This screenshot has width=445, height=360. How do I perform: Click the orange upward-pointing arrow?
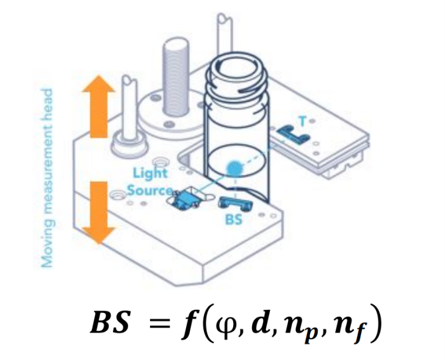[98, 109]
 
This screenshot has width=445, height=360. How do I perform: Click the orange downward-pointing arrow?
[98, 210]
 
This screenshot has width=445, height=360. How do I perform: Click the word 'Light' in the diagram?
[149, 173]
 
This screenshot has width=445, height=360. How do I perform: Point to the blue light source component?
[186, 200]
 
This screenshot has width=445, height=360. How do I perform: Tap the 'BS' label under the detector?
[234, 220]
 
